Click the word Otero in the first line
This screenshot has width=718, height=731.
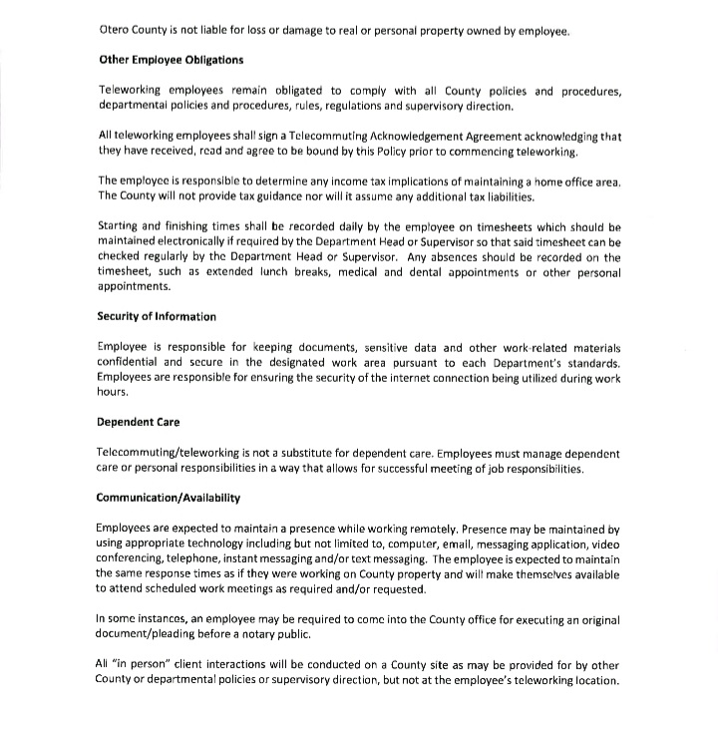point(115,31)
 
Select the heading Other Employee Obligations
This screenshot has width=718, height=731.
point(171,60)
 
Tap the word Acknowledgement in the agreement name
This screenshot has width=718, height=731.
point(423,136)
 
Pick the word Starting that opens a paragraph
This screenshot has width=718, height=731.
point(122,226)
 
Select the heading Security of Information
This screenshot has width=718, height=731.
point(156,317)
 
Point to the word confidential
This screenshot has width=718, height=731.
point(126,363)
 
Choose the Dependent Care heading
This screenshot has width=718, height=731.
point(138,423)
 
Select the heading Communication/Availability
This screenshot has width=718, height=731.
point(168,498)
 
